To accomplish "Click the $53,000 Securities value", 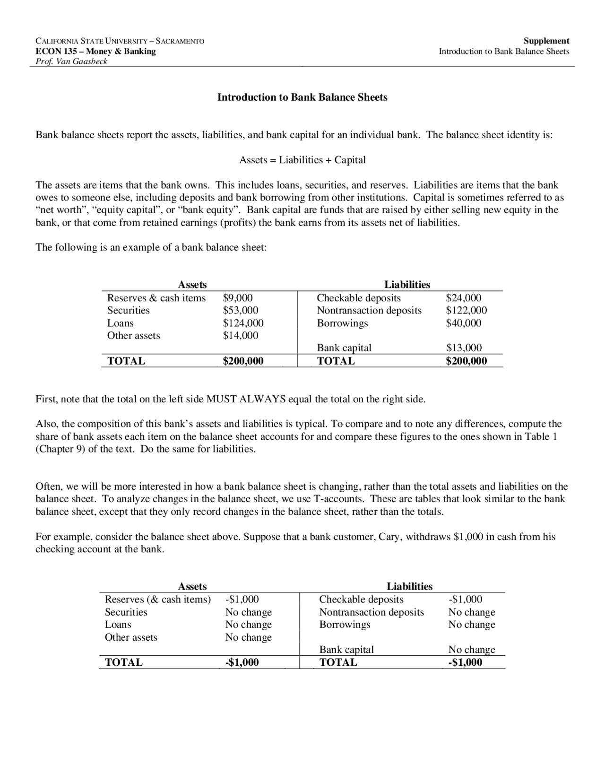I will pyautogui.click(x=241, y=311).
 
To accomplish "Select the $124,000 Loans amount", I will pyautogui.click(x=243, y=323).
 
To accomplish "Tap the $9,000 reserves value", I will pyautogui.click(x=238, y=298).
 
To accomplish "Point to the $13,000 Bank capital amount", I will pyautogui.click(x=464, y=348).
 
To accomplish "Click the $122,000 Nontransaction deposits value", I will pyautogui.click(x=467, y=311).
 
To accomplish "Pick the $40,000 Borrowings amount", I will pyautogui.click(x=464, y=323).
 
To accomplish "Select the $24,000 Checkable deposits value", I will pyautogui.click(x=464, y=298).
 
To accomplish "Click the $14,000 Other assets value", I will pyautogui.click(x=241, y=336).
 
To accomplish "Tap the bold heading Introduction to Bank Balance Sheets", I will pyautogui.click(x=302, y=97).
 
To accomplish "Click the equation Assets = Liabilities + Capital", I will pyautogui.click(x=302, y=160).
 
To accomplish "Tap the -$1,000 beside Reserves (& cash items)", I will pyautogui.click(x=242, y=600).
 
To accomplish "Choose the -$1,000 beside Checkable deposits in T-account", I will pyautogui.click(x=465, y=600).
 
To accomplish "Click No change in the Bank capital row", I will pyautogui.click(x=472, y=650).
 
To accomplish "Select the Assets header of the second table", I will pyautogui.click(x=192, y=587).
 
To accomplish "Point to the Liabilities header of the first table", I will pyautogui.click(x=407, y=285).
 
